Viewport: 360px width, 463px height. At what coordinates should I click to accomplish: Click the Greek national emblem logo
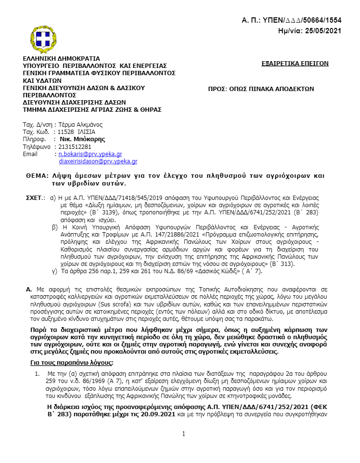(x=45, y=37)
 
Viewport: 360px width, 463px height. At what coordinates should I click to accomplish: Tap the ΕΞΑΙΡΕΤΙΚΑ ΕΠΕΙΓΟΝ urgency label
(x=295, y=63)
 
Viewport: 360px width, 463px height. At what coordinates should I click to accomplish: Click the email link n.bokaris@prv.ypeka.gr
(x=90, y=154)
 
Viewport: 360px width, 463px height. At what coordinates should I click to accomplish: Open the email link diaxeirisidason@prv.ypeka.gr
(x=98, y=161)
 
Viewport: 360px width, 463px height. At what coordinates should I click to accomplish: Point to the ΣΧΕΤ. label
(x=35, y=198)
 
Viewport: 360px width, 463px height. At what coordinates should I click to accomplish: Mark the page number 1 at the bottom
(x=183, y=434)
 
